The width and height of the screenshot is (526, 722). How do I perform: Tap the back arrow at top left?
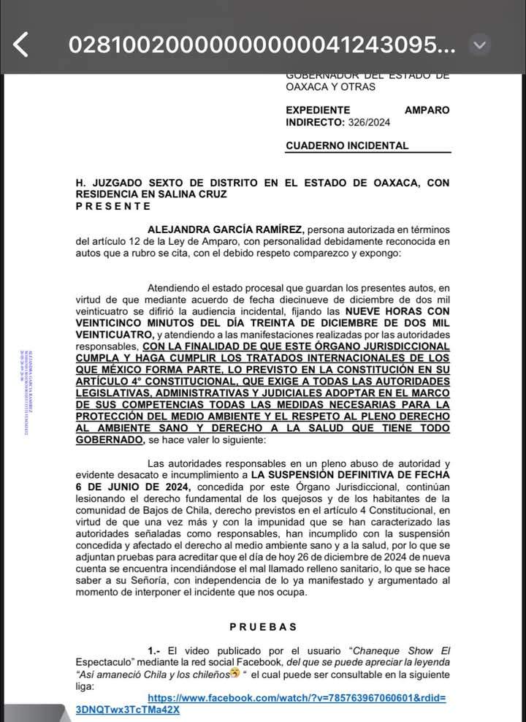[21, 45]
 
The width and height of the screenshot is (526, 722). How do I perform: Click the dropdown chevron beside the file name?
[479, 45]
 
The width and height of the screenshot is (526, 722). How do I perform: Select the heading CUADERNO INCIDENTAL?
[347, 145]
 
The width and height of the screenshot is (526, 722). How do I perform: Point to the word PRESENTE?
[114, 206]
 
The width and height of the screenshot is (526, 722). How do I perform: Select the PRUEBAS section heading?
[263, 626]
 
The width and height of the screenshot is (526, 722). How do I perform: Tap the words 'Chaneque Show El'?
[401, 650]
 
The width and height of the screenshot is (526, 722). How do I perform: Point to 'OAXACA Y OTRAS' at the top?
[330, 87]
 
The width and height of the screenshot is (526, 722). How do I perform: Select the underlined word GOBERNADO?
[107, 440]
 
